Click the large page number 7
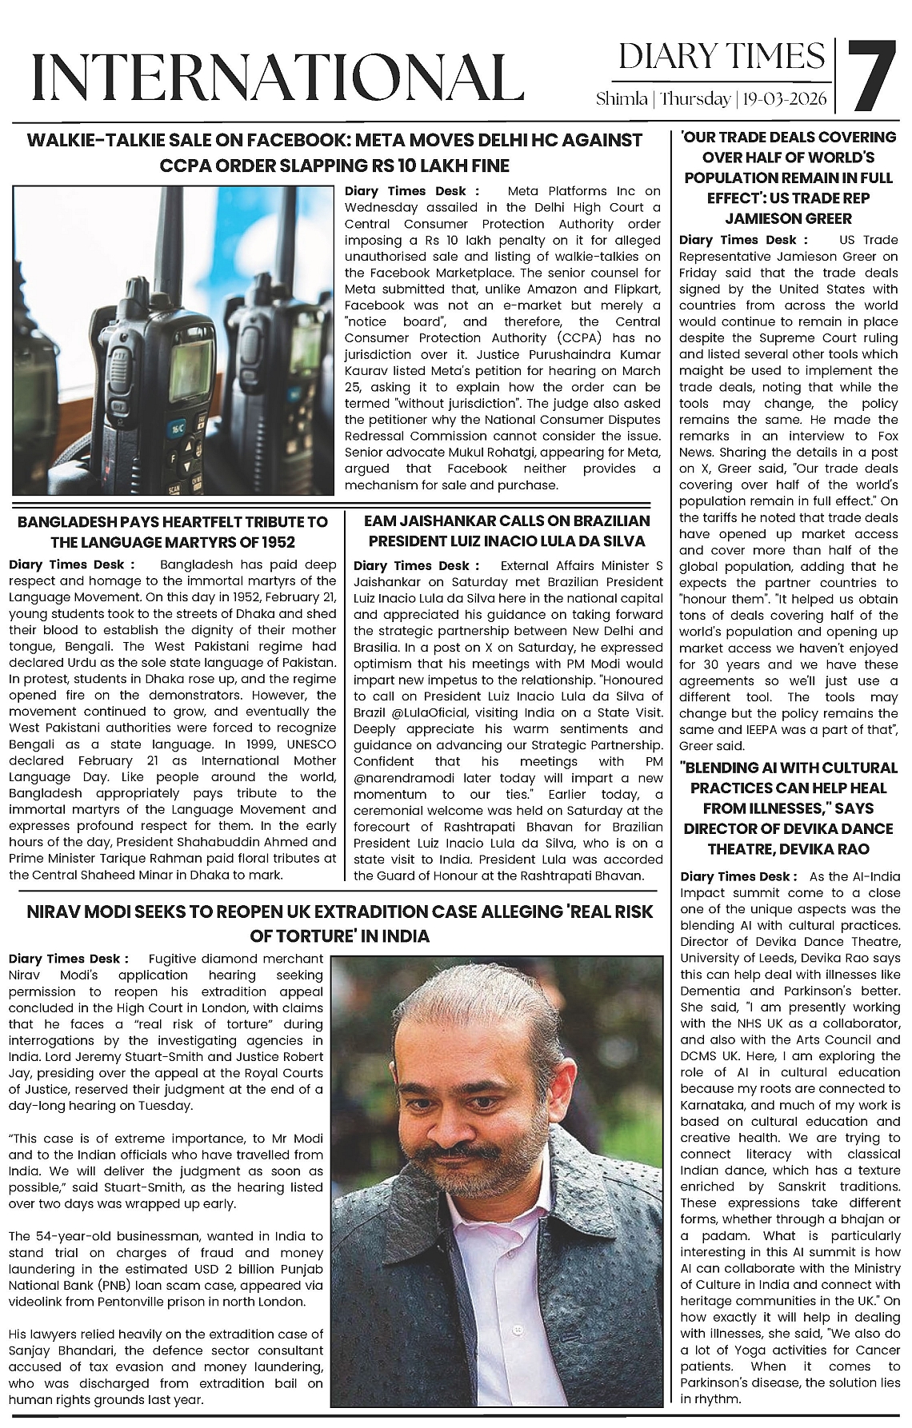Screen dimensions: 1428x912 871,76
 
